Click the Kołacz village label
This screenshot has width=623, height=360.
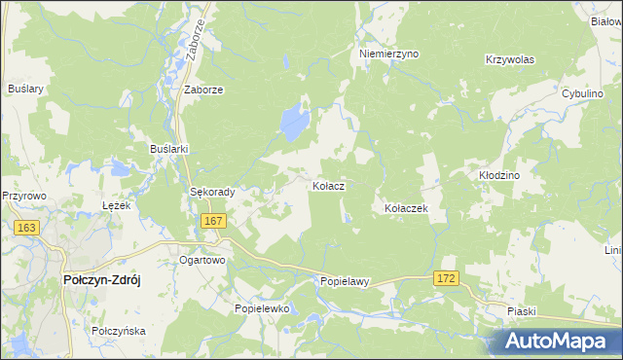point(328,185)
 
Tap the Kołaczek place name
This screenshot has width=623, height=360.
point(406,208)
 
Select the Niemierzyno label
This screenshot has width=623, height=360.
point(388,54)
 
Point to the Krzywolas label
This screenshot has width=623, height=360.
point(510,59)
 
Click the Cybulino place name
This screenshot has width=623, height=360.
point(585,93)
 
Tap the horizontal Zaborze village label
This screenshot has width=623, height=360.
point(204,90)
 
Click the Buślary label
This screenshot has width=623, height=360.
point(26,89)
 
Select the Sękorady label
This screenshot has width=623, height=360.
point(212,193)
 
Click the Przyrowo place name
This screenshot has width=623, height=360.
point(24,195)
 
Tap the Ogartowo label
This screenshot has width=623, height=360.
point(202,261)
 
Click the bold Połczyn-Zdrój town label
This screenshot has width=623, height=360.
point(102,279)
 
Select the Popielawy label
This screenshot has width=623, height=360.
point(346,282)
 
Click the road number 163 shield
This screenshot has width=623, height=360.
point(26,228)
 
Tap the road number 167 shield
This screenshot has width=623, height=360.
point(214,222)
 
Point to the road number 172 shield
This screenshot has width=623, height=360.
point(446,279)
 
